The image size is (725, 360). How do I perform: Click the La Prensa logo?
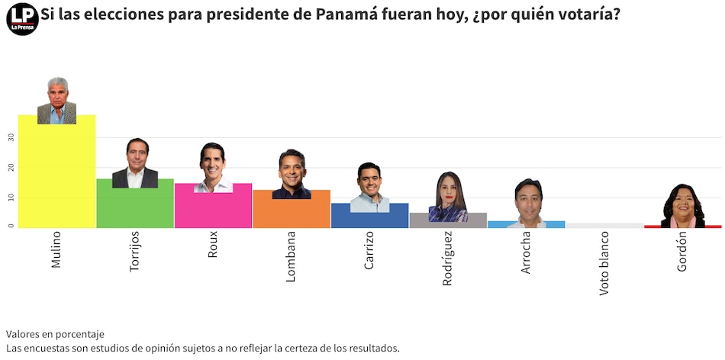click(x=22, y=18)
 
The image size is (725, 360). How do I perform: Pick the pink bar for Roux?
click(x=213, y=211)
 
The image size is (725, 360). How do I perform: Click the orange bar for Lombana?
click(x=292, y=214)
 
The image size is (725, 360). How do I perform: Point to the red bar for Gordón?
click(x=682, y=227)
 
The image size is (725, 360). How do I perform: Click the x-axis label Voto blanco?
click(x=604, y=263)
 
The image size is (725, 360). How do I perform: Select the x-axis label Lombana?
click(x=292, y=256)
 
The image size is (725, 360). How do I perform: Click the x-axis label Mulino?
click(x=56, y=249)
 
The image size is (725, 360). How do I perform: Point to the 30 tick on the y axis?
click(x=11, y=138)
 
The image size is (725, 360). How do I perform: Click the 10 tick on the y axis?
click(x=11, y=198)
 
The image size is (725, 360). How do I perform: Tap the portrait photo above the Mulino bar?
click(x=57, y=101)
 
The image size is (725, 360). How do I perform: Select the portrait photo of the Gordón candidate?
click(x=683, y=206)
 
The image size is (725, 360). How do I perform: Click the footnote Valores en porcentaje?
click(x=55, y=334)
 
